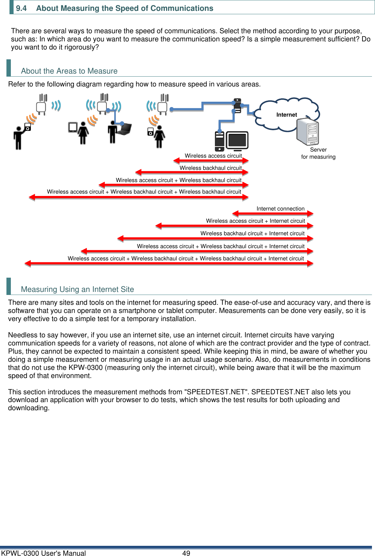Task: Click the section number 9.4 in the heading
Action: [21, 8]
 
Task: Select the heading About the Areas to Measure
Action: [69, 71]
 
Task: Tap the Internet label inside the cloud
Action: [287, 115]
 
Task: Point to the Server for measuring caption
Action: [318, 153]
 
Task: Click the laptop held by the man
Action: [124, 129]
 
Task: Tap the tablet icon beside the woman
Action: [73, 127]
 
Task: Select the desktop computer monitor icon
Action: [237, 141]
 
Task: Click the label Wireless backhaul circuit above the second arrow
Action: [210, 168]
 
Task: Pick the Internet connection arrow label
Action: [280, 209]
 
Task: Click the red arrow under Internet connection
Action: [273, 214]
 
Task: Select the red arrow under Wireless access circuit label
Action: [211, 160]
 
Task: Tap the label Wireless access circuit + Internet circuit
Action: [255, 221]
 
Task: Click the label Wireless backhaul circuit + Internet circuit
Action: [252, 233]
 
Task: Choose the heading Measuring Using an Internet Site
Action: [77, 289]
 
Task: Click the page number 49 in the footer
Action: [186, 553]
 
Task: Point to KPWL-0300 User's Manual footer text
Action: [43, 553]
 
